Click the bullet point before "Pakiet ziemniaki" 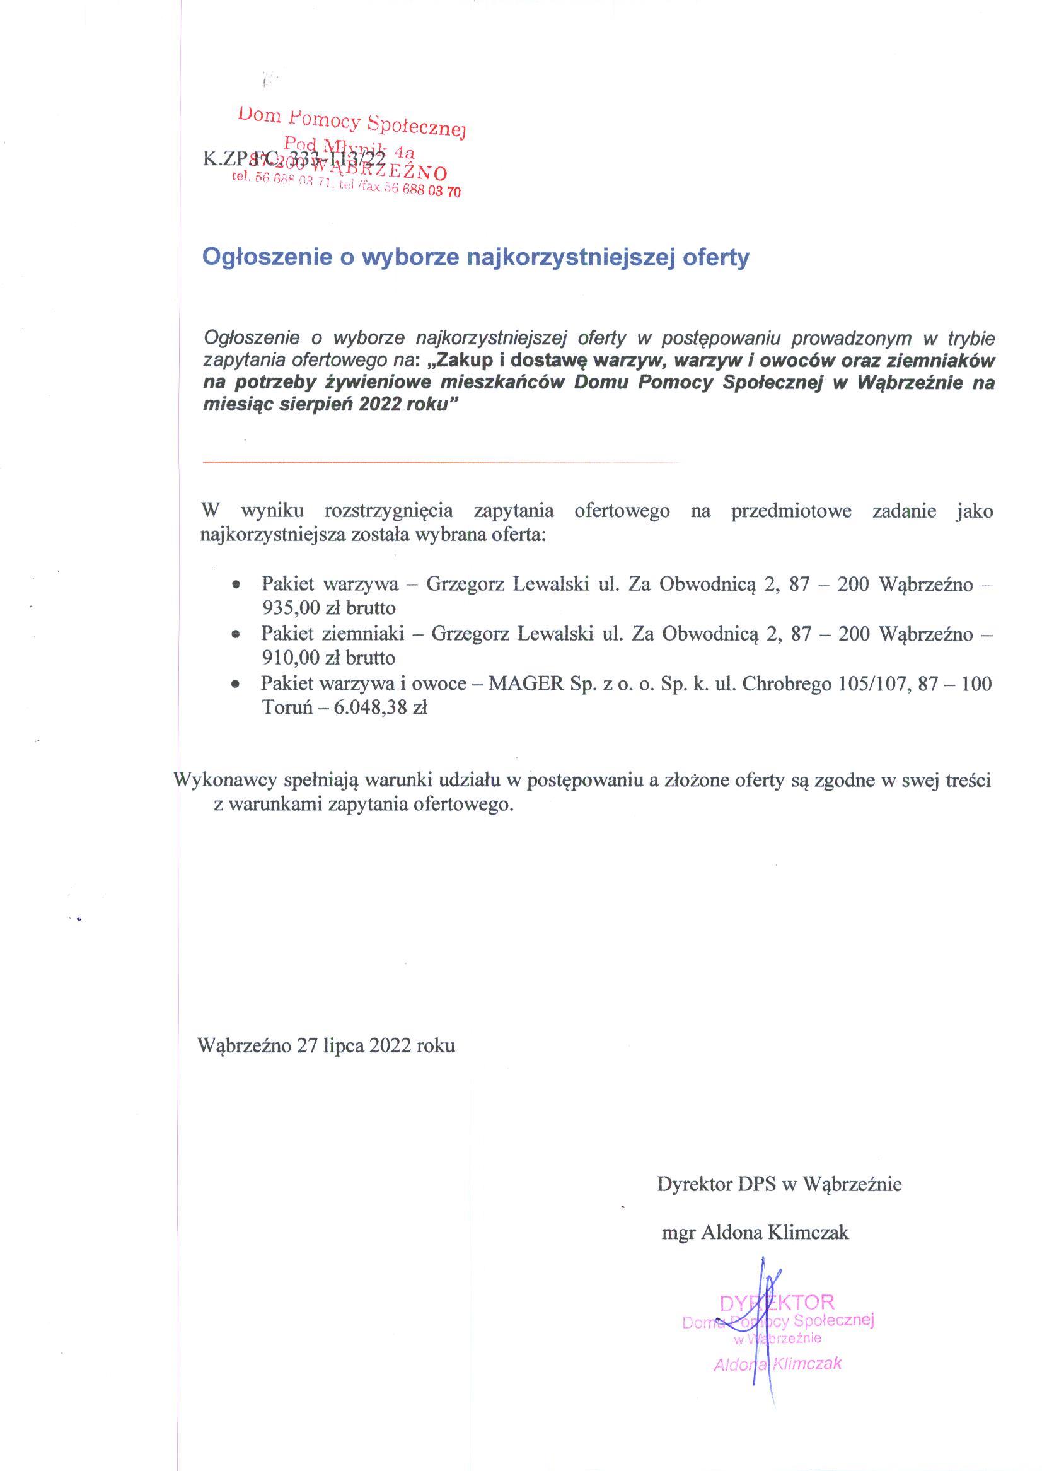pos(237,634)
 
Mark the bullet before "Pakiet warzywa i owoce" pos(237,685)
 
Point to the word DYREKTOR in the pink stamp pos(777,1302)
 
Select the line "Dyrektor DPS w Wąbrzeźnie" pos(779,1184)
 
